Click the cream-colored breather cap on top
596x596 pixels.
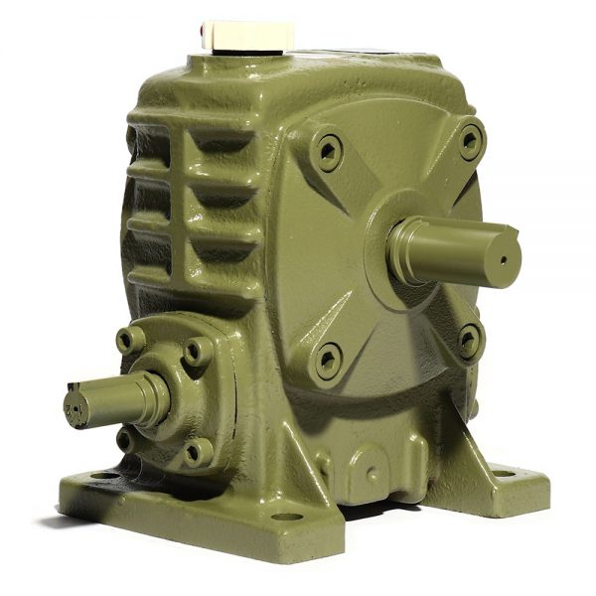point(246,36)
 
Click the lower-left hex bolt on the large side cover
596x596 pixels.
point(327,361)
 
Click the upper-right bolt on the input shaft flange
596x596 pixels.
point(198,351)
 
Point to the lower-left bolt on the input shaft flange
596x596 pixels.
point(126,437)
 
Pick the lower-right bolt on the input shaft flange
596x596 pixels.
point(196,452)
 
